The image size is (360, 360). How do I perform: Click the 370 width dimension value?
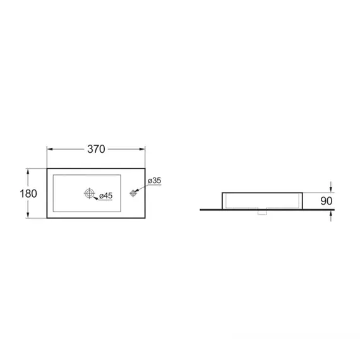[x=96, y=149]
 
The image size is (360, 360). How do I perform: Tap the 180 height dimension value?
[x=28, y=193]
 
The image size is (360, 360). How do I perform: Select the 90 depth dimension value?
[x=327, y=201]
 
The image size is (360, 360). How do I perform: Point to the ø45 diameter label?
[x=106, y=196]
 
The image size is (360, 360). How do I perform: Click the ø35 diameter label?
[x=155, y=181]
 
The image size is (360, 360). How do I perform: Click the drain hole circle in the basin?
[x=89, y=193]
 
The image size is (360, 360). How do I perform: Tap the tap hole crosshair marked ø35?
[x=133, y=193]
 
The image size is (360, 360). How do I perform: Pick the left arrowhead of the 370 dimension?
[x=50, y=149]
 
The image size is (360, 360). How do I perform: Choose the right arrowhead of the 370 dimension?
[x=142, y=149]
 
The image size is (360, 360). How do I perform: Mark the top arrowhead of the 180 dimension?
[x=28, y=172]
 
